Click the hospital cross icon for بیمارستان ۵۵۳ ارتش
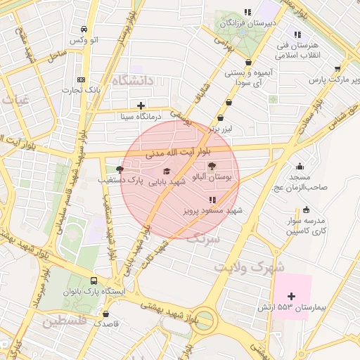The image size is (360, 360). pos(291,296)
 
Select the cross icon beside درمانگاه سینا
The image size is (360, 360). pos(141,105)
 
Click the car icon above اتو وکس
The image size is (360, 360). pos(84,30)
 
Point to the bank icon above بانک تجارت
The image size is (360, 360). pos(82,79)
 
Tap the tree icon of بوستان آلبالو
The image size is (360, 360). pos(212,166)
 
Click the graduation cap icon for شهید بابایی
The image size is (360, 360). pos(167,171)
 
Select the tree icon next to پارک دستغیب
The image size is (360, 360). pos(119,169)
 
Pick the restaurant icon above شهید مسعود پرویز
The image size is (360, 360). pos(212,200)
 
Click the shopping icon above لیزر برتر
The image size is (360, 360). pos(229,117)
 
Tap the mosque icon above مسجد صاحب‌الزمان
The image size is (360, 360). pos(300,167)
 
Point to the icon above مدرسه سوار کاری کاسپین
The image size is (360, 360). pos(306,210)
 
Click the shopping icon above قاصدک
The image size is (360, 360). pos(106,314)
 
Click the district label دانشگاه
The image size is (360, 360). pos(131,80)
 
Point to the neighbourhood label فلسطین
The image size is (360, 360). pos(64,321)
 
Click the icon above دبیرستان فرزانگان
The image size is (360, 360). pos(247,12)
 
